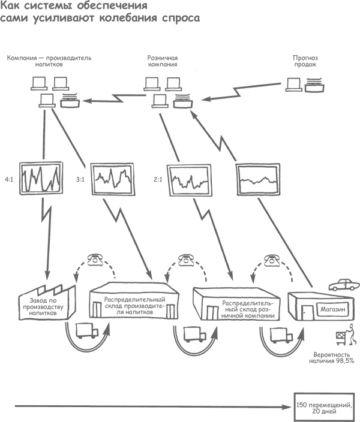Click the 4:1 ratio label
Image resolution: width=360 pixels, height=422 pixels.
pyautogui.click(x=9, y=179)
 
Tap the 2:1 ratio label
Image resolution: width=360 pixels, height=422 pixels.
pyautogui.click(x=158, y=179)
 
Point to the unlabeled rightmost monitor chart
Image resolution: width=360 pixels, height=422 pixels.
pyautogui.click(x=259, y=179)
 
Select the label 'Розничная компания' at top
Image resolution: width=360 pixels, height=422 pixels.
pyautogui.click(x=163, y=62)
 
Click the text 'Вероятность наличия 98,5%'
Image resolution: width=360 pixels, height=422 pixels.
pyautogui.click(x=331, y=358)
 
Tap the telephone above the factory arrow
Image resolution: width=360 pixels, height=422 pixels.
pyautogui.click(x=94, y=260)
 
